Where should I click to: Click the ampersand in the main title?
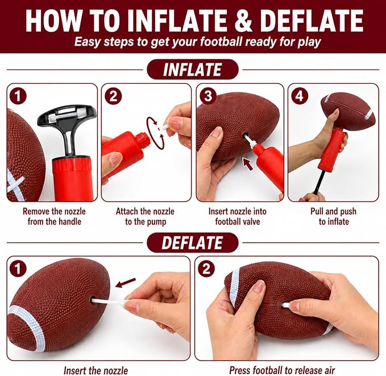click(x=243, y=21)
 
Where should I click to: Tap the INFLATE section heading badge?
click(x=193, y=70)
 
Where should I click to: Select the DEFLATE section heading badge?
click(x=193, y=242)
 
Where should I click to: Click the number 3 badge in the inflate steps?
click(x=208, y=96)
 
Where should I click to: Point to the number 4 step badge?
click(x=300, y=96)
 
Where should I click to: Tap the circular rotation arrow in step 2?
click(x=155, y=133)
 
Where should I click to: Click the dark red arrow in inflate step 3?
click(x=248, y=164)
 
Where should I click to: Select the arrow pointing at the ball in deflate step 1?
click(x=125, y=283)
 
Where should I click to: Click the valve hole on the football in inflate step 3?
click(x=245, y=135)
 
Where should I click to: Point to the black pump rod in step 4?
click(x=318, y=180)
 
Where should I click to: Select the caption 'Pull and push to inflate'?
click(x=334, y=216)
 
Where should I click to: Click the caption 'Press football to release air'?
click(x=282, y=370)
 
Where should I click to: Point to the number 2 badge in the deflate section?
click(x=206, y=268)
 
